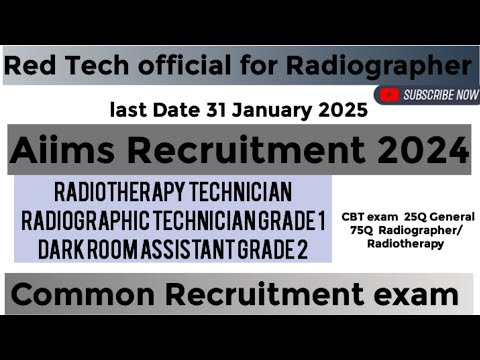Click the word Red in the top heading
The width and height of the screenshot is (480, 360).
[29, 67]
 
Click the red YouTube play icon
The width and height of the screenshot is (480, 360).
[390, 96]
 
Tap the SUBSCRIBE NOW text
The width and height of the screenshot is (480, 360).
[440, 96]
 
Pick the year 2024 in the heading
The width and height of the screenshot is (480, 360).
[420, 151]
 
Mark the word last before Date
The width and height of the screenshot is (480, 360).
[127, 108]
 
